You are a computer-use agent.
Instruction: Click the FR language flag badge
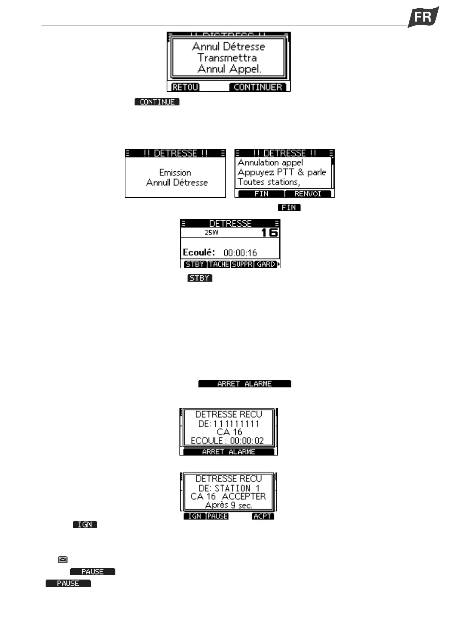coord(423,17)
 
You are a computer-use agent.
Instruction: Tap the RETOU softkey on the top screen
coord(185,87)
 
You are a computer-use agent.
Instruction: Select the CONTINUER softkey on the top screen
coord(257,87)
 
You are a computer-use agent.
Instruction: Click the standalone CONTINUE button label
coord(157,102)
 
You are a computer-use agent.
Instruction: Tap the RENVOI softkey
coord(308,194)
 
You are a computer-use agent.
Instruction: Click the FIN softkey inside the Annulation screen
coord(261,194)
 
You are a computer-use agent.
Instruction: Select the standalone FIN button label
coord(289,207)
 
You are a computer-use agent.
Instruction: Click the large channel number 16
coord(269,232)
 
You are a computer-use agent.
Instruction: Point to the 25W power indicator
coord(211,233)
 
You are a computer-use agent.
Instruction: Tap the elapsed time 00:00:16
coord(240,253)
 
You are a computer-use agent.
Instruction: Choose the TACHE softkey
coord(219,264)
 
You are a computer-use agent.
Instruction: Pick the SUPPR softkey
coord(242,264)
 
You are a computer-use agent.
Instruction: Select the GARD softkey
coord(265,264)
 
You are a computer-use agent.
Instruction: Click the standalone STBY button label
coord(200,278)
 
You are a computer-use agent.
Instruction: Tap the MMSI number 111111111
coord(239,424)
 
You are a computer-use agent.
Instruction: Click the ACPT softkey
coord(263,516)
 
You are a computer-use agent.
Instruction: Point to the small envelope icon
coord(63,559)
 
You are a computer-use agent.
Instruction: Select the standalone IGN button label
coord(85,524)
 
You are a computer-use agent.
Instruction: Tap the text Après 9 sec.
coord(228,505)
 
